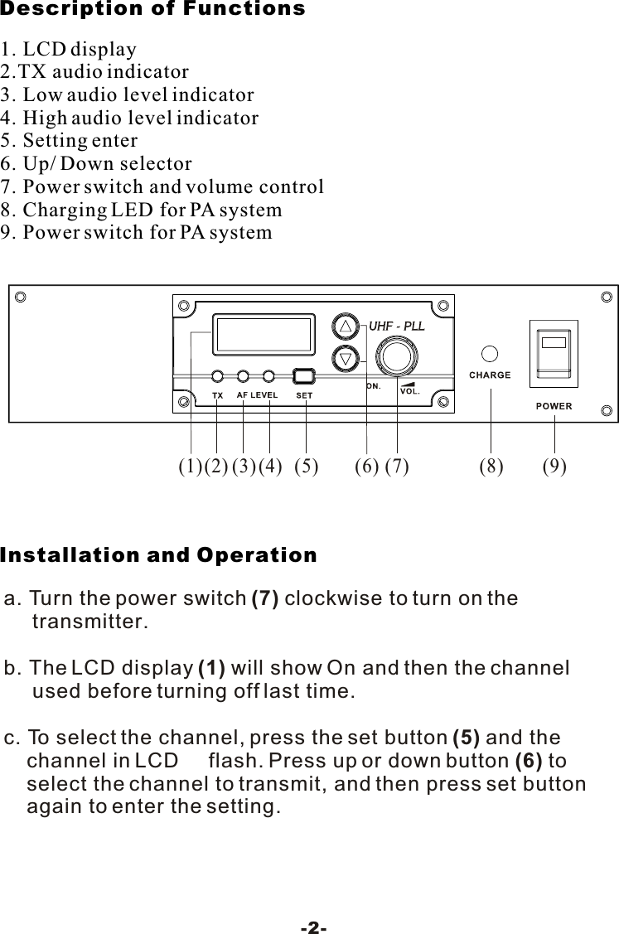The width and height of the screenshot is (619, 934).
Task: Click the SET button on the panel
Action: [305, 375]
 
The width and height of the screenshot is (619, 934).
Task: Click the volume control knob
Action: [396, 358]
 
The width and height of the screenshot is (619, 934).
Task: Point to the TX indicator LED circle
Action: [217, 375]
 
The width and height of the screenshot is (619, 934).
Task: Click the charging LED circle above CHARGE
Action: [490, 353]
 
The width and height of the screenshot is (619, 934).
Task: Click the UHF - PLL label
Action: [396, 326]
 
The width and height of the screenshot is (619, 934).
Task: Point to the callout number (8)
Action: [491, 467]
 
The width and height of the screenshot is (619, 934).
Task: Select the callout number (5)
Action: [307, 467]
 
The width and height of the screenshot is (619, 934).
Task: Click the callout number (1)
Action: [191, 467]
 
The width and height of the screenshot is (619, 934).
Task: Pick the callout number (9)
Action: [554, 467]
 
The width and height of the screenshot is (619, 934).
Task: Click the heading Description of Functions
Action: [152, 10]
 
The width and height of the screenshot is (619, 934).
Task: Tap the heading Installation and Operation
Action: [158, 555]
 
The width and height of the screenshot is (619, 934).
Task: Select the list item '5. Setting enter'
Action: [70, 140]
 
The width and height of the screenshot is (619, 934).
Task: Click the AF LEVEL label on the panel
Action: [257, 395]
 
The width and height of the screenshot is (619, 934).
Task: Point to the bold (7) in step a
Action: [264, 598]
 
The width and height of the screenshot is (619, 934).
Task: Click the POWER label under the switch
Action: [554, 406]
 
